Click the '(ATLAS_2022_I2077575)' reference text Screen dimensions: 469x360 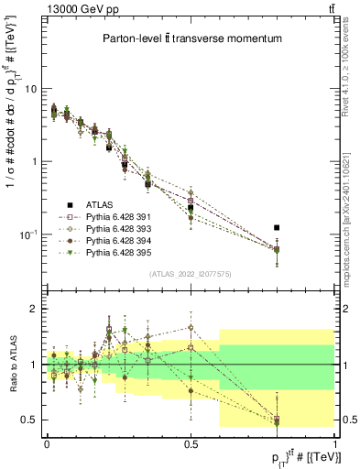[191, 274]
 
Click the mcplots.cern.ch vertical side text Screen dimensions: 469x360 [352, 202]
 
